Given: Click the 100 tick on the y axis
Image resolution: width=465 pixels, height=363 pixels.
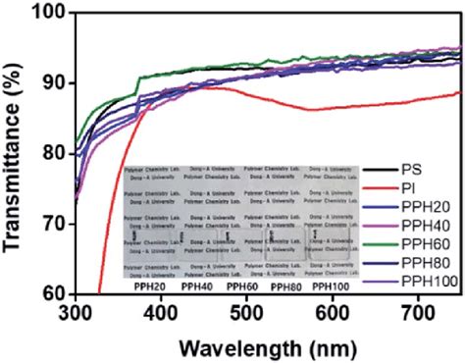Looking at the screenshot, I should (x=51, y=13).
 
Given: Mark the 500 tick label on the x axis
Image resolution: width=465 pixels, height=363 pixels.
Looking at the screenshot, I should (x=241, y=313).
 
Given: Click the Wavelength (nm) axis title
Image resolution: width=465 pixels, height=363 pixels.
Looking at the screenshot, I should (x=258, y=344).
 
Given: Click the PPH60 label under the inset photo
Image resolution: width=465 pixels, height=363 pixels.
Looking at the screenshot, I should (x=241, y=287).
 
